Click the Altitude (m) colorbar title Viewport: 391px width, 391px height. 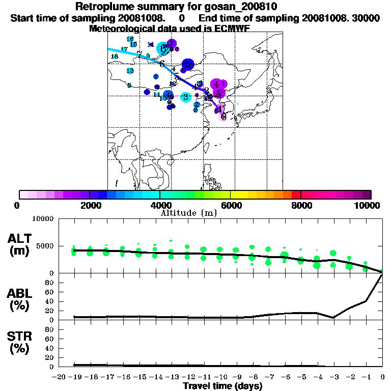189,212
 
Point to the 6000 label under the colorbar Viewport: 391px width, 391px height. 230,205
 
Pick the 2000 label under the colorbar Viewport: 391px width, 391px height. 89,205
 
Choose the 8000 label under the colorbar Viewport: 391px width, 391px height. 300,205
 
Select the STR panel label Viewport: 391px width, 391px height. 21,342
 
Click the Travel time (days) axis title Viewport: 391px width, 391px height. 222,386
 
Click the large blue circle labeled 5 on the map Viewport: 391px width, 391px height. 188,64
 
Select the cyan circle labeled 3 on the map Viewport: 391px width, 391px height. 186,97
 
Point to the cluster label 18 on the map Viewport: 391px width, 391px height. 115,56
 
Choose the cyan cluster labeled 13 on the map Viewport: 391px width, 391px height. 130,71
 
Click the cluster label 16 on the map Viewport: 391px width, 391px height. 130,39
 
